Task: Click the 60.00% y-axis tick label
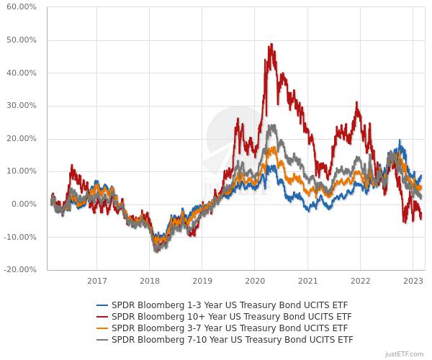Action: tap(22, 7)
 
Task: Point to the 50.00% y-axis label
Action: tap(22, 40)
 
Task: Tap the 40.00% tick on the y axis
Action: tap(22, 73)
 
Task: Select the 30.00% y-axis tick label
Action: tap(22, 106)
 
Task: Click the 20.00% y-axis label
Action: tap(22, 138)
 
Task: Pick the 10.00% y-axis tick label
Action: tap(22, 171)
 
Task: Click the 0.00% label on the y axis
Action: tap(24, 204)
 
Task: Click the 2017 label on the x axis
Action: tap(97, 281)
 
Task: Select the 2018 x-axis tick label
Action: tap(150, 281)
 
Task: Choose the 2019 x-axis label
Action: tap(202, 281)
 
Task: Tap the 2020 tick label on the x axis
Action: tap(255, 281)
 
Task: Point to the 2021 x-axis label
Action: tap(307, 281)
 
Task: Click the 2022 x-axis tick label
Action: tap(360, 281)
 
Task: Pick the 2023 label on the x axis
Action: tap(413, 281)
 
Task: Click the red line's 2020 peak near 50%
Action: tap(271, 45)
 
